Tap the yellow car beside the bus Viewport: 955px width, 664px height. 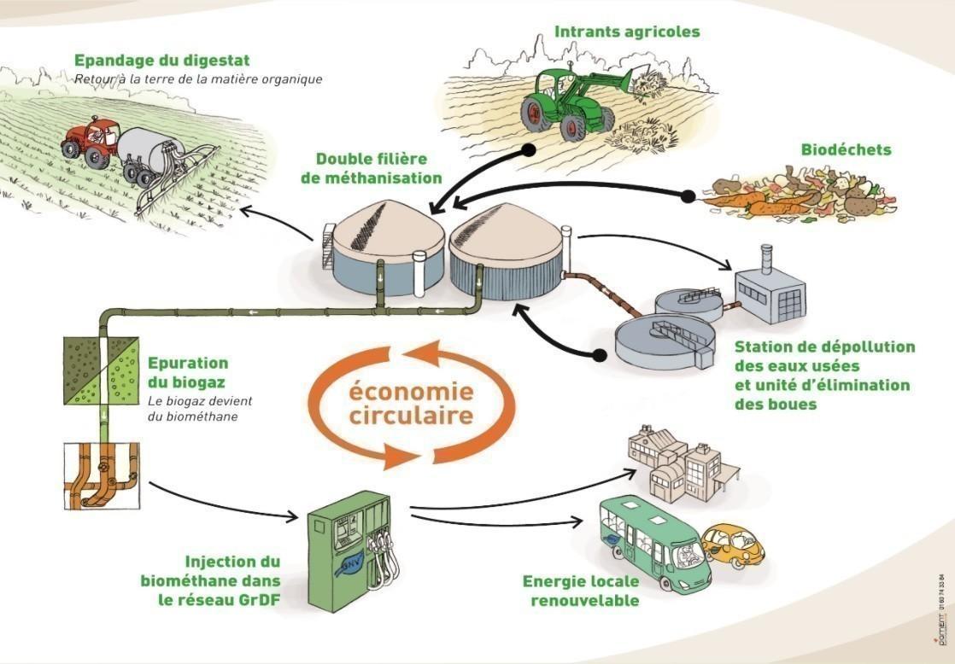[733, 545]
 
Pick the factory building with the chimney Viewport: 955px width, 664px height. [770, 291]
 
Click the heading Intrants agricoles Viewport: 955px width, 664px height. [627, 32]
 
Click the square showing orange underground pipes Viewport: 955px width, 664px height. [102, 477]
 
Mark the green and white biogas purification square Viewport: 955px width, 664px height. [102, 370]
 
